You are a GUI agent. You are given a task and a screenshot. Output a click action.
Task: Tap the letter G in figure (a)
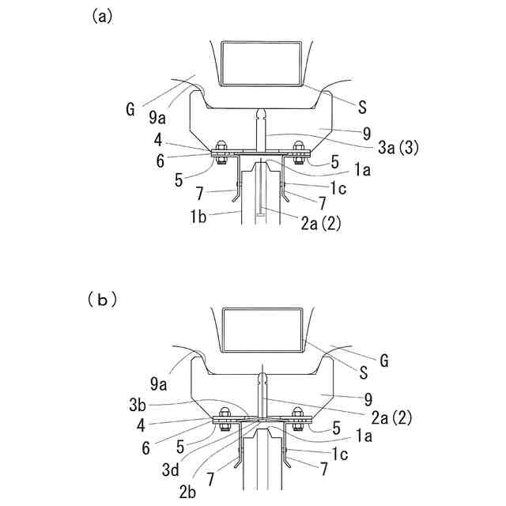[x=130, y=109]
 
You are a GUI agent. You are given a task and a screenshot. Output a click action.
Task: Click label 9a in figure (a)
[x=157, y=118]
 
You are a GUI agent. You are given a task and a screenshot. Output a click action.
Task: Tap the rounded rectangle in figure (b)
[x=262, y=330]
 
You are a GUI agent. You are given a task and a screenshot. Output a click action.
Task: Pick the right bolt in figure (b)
[x=299, y=417]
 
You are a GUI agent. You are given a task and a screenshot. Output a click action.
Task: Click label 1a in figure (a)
[x=361, y=171]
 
